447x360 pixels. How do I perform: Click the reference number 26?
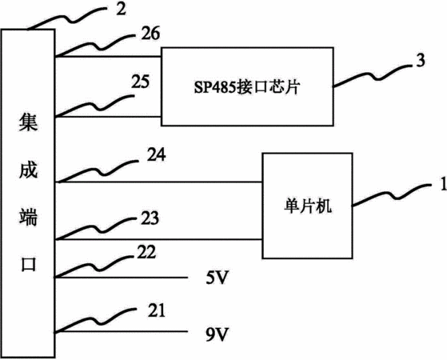(150, 34)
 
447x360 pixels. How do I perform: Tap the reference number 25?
(140, 82)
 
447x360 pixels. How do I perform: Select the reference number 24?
(156, 154)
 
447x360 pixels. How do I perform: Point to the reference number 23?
(150, 218)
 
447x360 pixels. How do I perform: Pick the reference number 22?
(146, 252)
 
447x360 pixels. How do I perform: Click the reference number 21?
(157, 310)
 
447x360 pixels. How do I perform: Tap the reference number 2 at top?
(121, 9)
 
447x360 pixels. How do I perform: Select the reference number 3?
(420, 60)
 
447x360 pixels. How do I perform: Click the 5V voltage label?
(218, 278)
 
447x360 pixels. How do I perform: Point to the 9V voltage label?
(218, 334)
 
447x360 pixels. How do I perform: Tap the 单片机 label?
(308, 206)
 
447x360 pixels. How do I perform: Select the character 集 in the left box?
(28, 122)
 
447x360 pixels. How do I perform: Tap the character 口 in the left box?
(29, 264)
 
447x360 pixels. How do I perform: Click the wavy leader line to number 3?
(373, 75)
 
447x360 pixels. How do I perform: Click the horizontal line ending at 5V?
(122, 278)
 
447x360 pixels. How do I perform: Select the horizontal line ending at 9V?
(122, 331)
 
